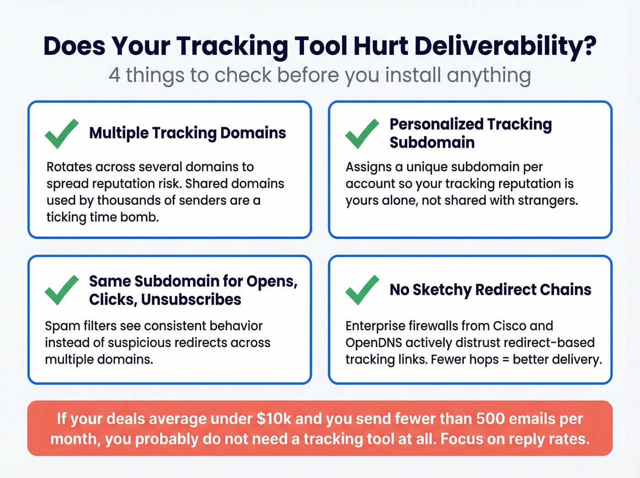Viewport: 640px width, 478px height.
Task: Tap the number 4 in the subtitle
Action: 115,75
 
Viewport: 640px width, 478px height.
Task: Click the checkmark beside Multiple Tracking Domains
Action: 62,134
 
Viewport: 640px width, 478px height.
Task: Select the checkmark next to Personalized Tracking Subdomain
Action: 362,134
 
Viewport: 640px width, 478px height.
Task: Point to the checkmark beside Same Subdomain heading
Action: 62,290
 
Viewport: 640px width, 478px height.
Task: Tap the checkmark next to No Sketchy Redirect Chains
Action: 362,290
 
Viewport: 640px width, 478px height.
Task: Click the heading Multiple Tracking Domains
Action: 187,133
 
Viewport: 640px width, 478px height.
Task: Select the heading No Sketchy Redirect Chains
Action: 490,290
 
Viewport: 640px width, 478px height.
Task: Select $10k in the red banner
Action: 274,419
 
